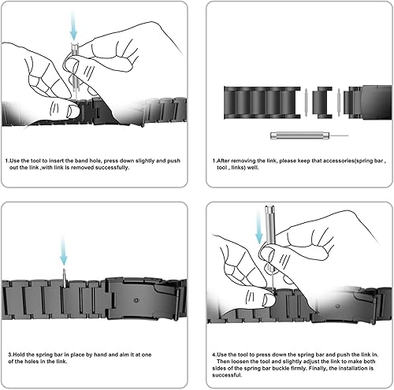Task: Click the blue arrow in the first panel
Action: [x=73, y=26]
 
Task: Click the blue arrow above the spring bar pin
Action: [x=64, y=251]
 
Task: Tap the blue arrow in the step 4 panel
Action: [x=259, y=228]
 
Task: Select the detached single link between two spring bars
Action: [x=322, y=102]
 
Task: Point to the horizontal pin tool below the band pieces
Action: [x=309, y=136]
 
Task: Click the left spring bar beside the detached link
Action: [x=306, y=102]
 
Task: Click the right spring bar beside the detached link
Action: [x=339, y=102]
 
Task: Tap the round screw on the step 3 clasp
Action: [x=136, y=300]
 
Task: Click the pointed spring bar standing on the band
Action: [x=64, y=278]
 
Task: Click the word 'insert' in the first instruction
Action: [x=56, y=161]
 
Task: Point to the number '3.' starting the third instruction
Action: [x=10, y=355]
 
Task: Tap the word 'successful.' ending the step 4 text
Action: [x=227, y=375]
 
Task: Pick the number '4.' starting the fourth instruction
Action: [x=214, y=355]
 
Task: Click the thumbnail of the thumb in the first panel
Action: [x=72, y=110]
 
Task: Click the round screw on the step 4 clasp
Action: [x=338, y=306]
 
